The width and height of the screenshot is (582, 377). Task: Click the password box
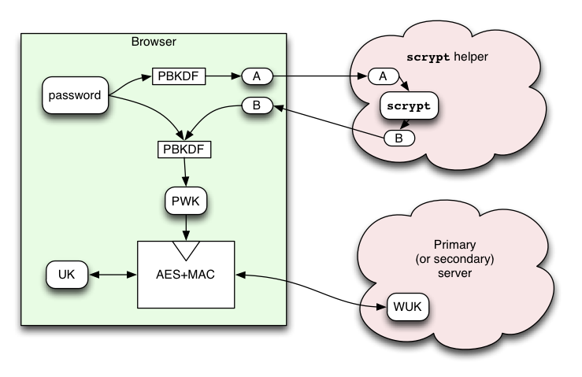[76, 95]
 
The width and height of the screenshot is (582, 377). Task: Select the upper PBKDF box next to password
[179, 76]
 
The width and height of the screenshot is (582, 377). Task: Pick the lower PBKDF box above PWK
[184, 150]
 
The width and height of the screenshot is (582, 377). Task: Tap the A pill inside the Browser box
[258, 76]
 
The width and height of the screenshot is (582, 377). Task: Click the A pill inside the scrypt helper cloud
[384, 76]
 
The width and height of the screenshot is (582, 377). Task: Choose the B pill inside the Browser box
[258, 105]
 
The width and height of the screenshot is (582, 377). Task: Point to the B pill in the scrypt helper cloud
[399, 139]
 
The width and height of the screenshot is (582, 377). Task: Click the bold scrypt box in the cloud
[409, 105]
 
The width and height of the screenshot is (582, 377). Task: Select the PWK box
[186, 201]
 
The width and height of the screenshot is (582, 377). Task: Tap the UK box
[67, 275]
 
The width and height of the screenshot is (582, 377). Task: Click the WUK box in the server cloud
[407, 307]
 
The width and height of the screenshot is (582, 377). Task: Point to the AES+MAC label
[186, 275]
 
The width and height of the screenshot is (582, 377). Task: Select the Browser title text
[154, 42]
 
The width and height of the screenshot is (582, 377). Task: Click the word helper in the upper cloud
[471, 57]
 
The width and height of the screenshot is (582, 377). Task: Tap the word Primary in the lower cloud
[454, 245]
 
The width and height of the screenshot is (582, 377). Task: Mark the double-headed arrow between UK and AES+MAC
[113, 275]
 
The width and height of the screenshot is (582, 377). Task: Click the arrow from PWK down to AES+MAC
[186, 227]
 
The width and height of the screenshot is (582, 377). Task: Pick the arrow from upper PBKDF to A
[224, 76]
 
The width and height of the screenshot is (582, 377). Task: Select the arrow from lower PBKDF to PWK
[185, 172]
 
